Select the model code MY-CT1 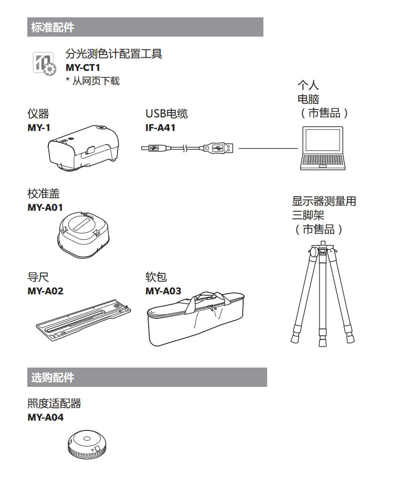(x=83, y=68)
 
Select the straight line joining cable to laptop (x=268, y=149)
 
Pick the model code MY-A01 (x=46, y=207)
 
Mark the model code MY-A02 (x=46, y=292)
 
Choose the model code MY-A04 (x=46, y=416)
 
